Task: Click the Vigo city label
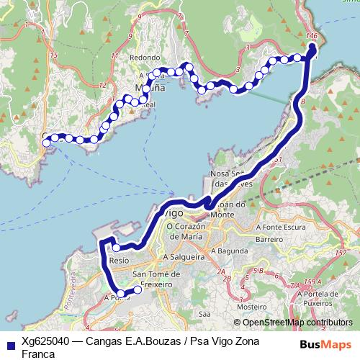170,213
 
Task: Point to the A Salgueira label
185,256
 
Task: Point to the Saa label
204,313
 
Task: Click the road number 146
312,35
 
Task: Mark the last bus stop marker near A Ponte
138,290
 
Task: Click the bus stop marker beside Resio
115,248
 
